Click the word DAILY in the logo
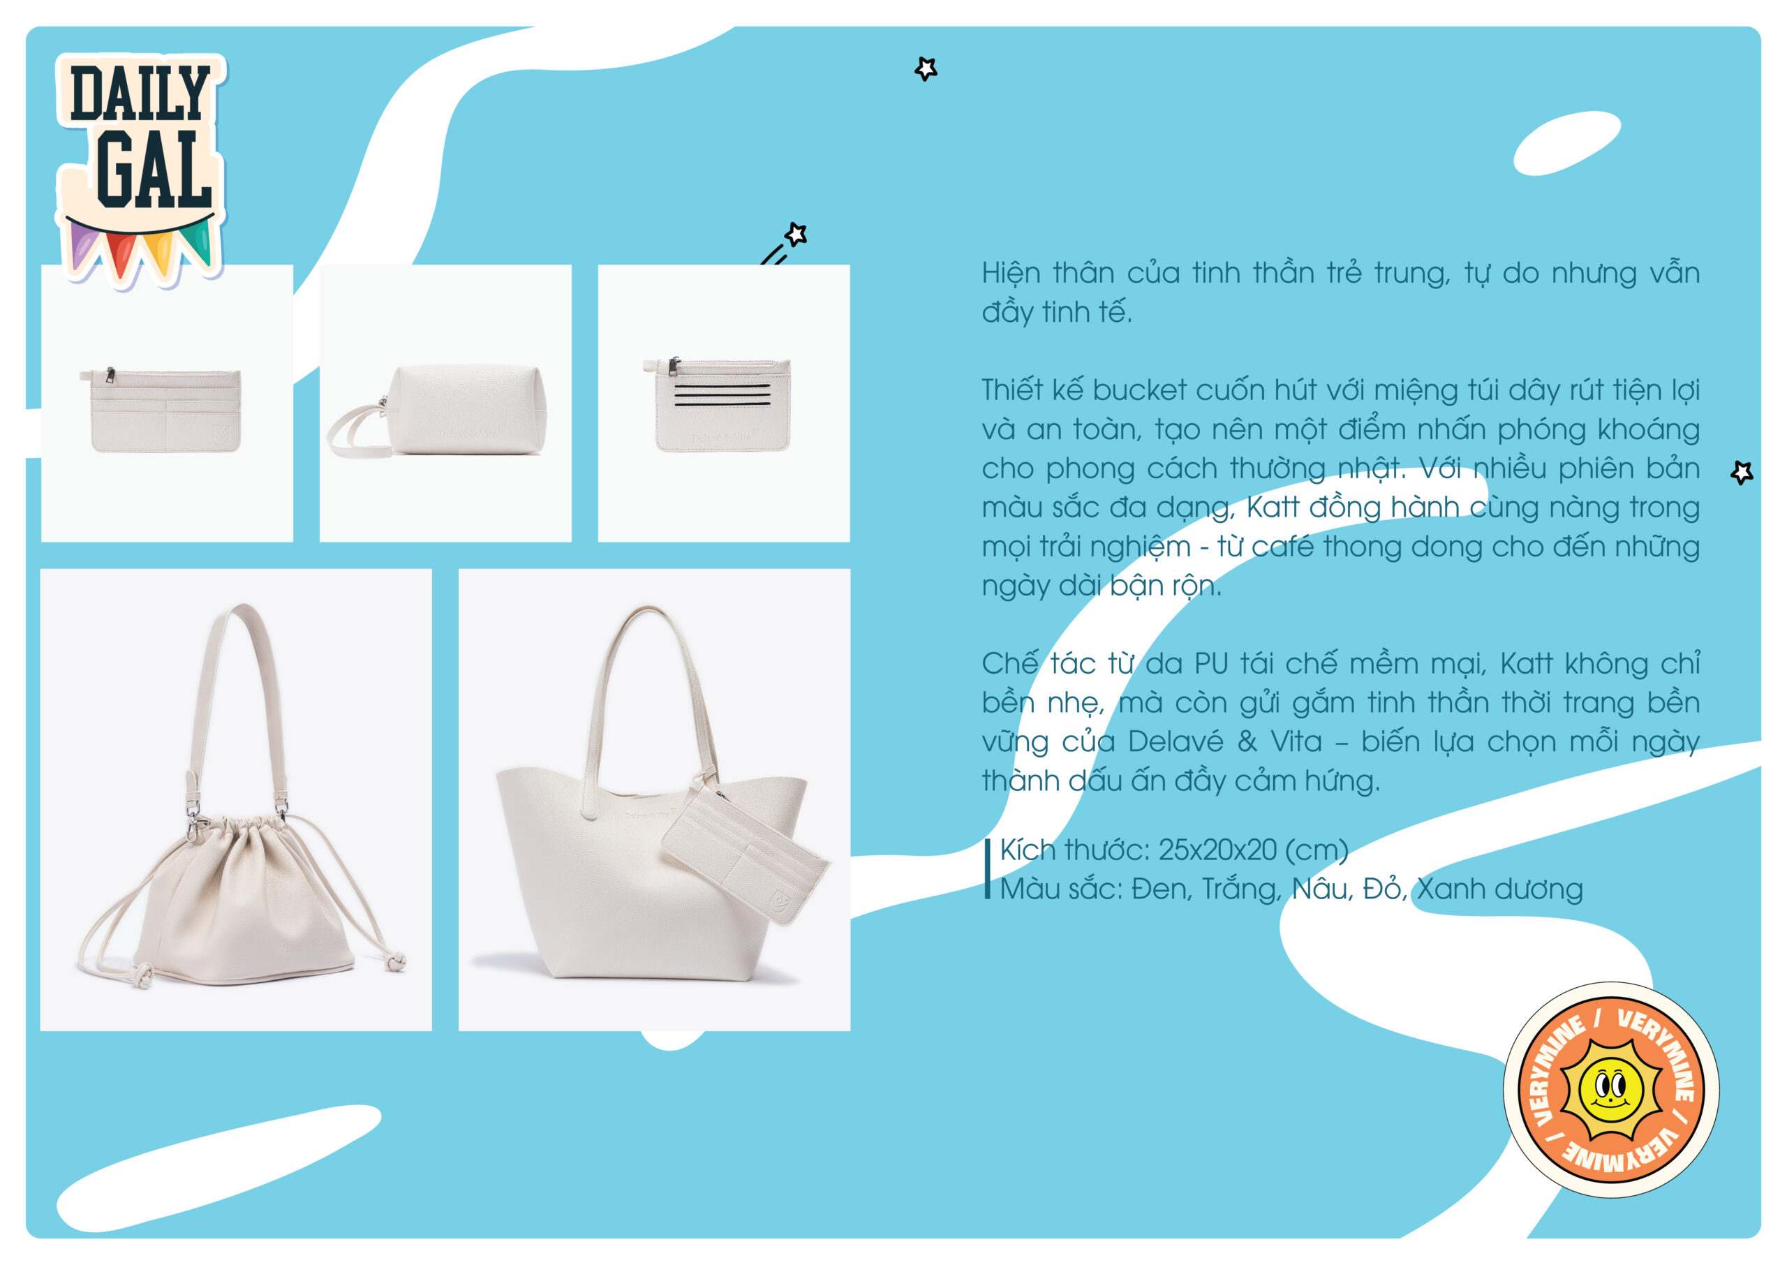click(x=140, y=93)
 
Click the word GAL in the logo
click(x=154, y=169)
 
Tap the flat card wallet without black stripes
click(x=161, y=410)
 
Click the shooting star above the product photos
click(x=785, y=243)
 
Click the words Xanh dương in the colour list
click(x=1499, y=889)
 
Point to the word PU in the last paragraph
click(x=1211, y=664)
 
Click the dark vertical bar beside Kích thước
click(x=987, y=868)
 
